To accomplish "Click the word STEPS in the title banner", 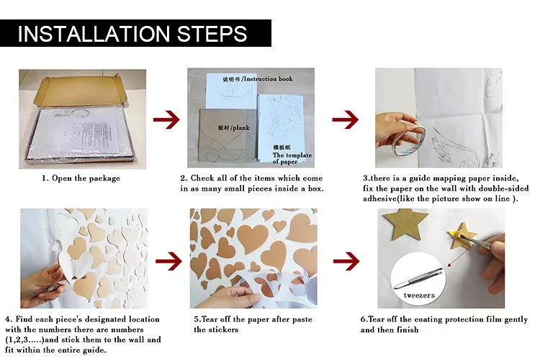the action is tap(212, 33).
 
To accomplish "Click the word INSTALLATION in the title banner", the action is tap(94, 33).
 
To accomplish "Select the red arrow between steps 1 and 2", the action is tap(166, 120).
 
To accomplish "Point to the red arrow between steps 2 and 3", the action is tap(346, 120).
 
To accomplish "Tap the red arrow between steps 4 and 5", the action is tap(168, 261).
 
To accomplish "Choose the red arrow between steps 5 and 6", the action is tap(346, 261).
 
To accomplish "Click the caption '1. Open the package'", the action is tap(81, 179).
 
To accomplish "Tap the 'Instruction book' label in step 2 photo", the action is tap(269, 79).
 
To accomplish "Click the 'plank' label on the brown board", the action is tap(241, 128).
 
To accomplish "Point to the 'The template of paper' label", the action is tap(292, 158).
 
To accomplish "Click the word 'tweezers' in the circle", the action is tap(419, 295).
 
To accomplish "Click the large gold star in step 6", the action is tap(405, 224).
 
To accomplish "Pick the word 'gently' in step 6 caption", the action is tap(516, 320).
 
